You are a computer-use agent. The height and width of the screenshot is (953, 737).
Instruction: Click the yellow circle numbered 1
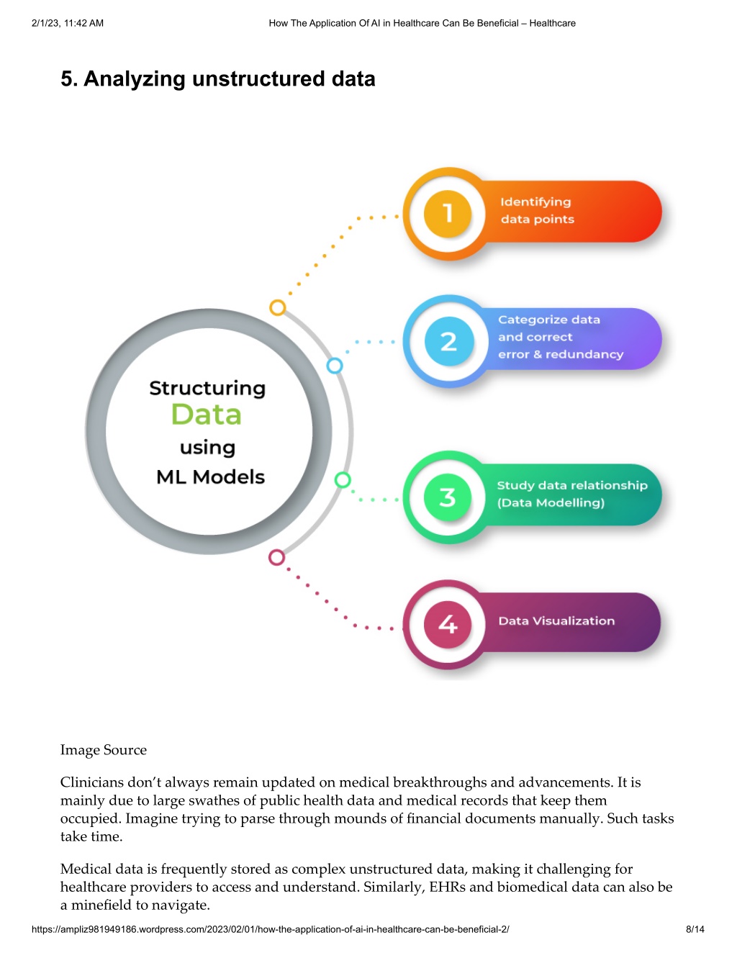point(447,214)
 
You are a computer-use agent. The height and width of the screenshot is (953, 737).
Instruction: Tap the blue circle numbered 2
point(448,340)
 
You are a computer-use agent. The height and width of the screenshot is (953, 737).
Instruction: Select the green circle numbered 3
point(447,497)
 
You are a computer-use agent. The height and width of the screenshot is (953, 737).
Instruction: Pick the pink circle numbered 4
point(447,624)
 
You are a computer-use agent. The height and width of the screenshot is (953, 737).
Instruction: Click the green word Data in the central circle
point(206,414)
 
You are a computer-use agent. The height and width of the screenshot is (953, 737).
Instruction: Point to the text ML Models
point(210,476)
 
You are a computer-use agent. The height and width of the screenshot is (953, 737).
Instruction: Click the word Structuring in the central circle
point(207,389)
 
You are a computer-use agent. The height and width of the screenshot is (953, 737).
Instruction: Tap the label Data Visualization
point(556,620)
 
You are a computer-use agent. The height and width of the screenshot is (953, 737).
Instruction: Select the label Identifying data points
point(537,210)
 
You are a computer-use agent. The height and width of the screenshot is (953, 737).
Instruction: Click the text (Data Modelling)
point(551,502)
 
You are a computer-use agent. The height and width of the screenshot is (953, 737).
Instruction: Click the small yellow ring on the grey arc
point(277,307)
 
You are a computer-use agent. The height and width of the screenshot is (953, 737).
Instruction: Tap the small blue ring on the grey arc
point(335,366)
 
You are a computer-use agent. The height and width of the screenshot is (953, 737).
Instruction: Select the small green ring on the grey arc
point(343,480)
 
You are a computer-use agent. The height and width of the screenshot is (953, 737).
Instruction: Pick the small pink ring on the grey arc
point(276,557)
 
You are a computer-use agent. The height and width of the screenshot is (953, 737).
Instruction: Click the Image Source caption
point(104,749)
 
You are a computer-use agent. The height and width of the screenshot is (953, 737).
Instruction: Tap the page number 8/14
point(695,929)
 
